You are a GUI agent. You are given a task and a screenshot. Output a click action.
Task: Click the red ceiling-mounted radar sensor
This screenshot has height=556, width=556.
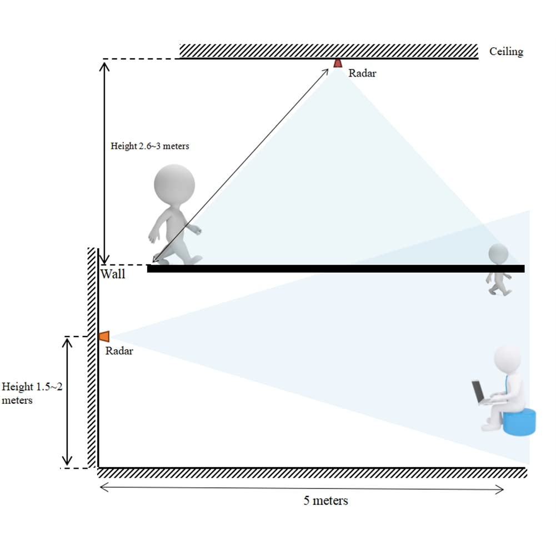pyautogui.click(x=338, y=63)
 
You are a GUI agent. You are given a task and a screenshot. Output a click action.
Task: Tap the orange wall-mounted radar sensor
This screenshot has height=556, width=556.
pyautogui.click(x=104, y=336)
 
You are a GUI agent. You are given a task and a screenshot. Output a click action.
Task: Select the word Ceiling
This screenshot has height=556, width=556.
pyautogui.click(x=506, y=52)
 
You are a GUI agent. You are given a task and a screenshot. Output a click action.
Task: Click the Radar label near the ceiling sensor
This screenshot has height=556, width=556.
pyautogui.click(x=362, y=73)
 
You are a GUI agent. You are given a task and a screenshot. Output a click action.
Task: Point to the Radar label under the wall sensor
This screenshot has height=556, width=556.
pyautogui.click(x=119, y=351)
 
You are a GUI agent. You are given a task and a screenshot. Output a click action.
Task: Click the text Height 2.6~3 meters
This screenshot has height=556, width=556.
pyautogui.click(x=150, y=146)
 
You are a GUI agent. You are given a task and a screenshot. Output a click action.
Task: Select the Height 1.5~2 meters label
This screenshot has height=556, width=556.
pyautogui.click(x=32, y=393)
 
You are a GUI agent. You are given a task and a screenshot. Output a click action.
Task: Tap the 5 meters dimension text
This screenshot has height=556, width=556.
pyautogui.click(x=325, y=500)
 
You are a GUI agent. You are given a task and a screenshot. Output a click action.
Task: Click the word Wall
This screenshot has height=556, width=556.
pyautogui.click(x=113, y=274)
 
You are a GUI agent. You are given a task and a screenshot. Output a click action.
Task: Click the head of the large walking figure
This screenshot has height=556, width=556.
pyautogui.click(x=174, y=184)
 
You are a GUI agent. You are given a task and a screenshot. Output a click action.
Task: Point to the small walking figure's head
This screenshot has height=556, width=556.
pyautogui.click(x=498, y=254)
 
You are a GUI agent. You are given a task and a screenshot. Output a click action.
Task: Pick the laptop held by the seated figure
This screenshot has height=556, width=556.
pyautogui.click(x=479, y=392)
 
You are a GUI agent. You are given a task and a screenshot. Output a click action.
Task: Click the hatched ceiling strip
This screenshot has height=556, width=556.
pyautogui.click(x=328, y=51)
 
